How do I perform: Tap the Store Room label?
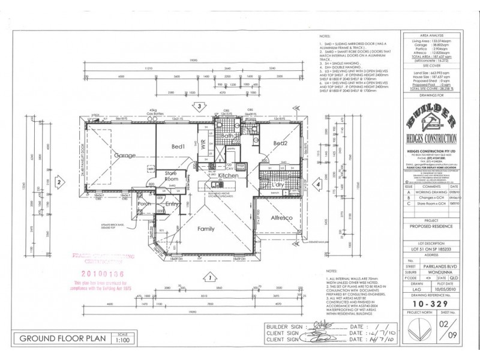173,178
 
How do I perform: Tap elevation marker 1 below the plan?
209,277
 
